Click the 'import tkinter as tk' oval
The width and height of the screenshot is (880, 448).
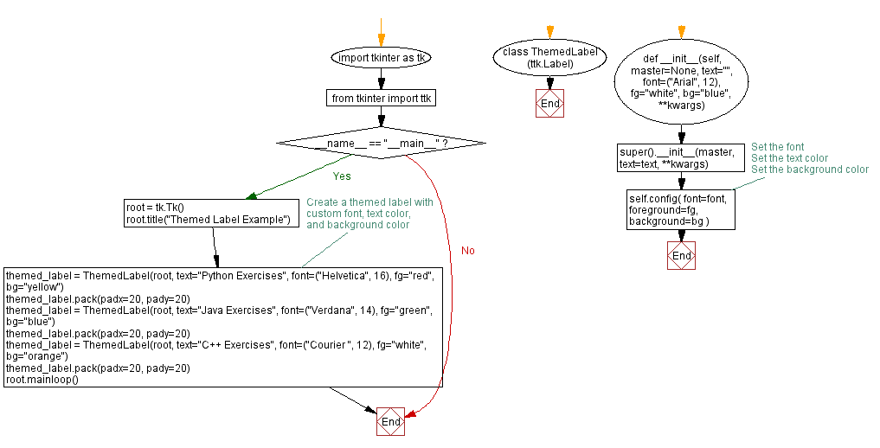pos(381,58)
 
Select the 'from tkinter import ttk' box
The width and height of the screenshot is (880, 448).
pos(381,99)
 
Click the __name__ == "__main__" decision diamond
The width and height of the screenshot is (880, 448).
pos(381,142)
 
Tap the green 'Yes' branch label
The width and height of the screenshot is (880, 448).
pos(342,176)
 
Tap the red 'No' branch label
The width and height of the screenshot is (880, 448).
pos(468,251)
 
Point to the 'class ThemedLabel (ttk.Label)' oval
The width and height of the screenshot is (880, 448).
pos(549,58)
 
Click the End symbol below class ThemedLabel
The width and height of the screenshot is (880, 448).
pos(549,104)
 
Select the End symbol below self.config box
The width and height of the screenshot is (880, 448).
pos(681,256)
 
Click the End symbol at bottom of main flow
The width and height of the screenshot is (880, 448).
pos(390,422)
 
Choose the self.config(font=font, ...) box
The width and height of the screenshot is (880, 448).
pos(681,209)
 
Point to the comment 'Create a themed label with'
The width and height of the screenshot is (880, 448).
pos(369,202)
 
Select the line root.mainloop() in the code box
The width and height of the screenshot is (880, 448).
pos(42,379)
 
